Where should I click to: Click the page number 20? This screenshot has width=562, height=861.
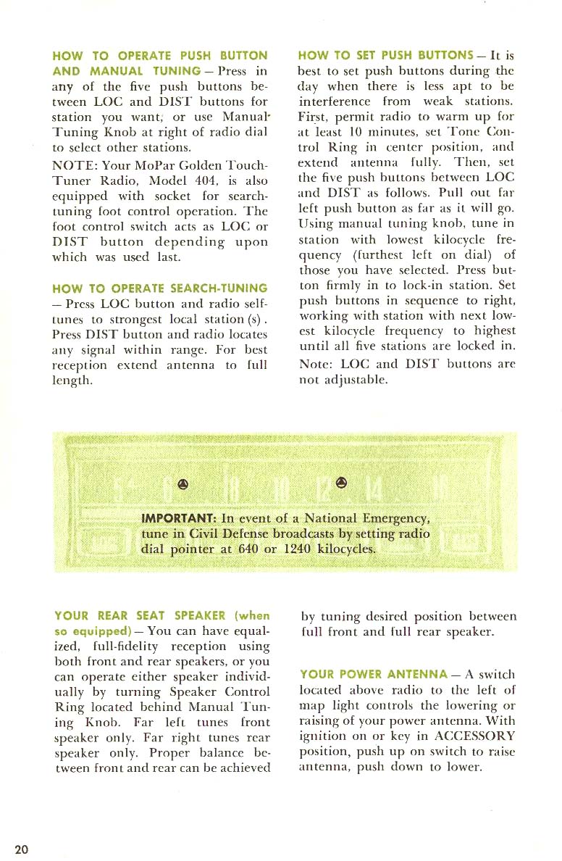click(22, 849)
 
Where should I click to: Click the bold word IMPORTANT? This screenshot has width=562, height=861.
click(177, 518)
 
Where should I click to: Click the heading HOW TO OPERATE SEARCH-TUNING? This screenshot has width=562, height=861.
click(160, 288)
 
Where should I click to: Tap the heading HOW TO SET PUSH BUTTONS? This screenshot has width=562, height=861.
click(386, 55)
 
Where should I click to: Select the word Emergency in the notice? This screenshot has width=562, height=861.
click(396, 518)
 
